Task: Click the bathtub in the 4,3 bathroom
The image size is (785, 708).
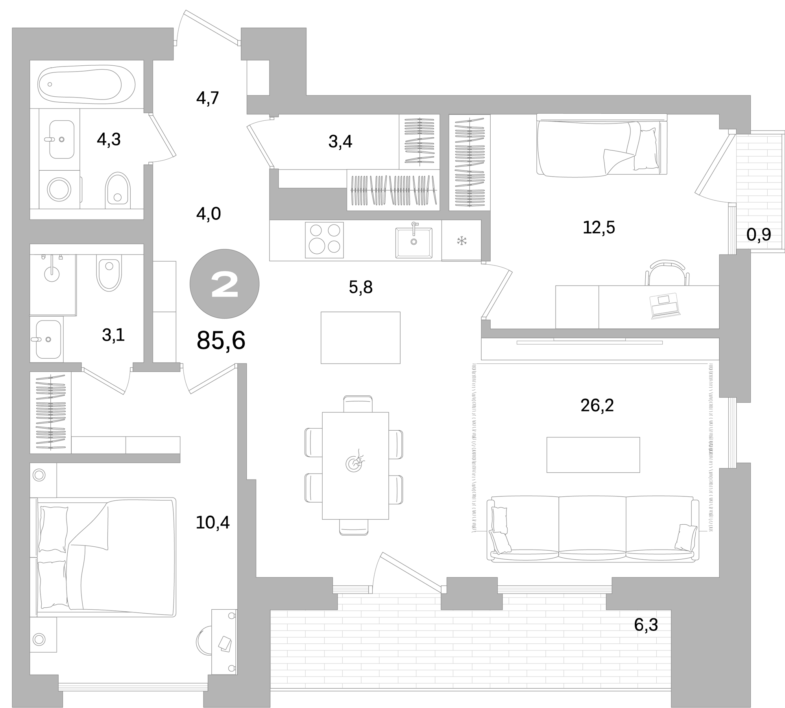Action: [86, 85]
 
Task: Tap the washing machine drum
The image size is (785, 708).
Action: [59, 189]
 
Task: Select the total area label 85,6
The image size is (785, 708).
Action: [221, 340]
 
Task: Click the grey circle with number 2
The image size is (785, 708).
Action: [224, 284]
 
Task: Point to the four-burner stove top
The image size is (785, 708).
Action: [324, 240]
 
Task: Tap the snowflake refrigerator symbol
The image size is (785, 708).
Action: [461, 241]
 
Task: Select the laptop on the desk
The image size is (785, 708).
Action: [665, 305]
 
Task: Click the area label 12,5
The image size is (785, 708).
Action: [598, 228]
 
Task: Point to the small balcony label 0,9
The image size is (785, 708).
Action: [758, 235]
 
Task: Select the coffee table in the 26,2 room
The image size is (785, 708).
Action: [593, 455]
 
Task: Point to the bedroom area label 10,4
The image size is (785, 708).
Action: [212, 523]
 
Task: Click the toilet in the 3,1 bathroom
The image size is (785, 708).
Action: [109, 273]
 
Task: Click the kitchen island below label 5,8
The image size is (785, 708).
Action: [360, 337]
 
